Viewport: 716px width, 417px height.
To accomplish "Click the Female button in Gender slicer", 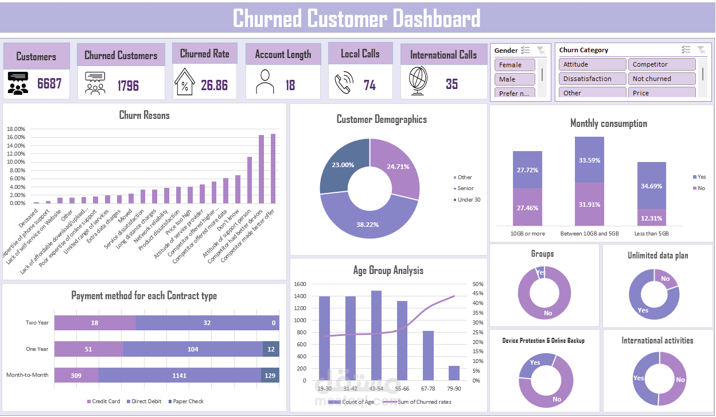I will click(515, 65).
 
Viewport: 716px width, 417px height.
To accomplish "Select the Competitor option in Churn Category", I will click(661, 64).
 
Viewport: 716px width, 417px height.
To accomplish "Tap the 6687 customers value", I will click(49, 84).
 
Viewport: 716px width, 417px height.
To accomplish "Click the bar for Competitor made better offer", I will click(273, 168).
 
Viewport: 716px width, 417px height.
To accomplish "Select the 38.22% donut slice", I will click(368, 221).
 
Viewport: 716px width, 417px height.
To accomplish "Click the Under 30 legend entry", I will click(468, 200).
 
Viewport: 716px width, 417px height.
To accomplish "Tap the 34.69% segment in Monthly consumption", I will click(651, 186).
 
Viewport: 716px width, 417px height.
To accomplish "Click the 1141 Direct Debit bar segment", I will click(193, 375).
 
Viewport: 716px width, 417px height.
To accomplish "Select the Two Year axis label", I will click(37, 323).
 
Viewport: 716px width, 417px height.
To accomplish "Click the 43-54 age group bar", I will click(376, 335).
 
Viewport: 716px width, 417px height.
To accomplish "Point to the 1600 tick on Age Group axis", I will click(301, 284).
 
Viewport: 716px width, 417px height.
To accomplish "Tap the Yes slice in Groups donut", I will click(540, 272).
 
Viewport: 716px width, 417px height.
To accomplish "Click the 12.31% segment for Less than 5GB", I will click(651, 217).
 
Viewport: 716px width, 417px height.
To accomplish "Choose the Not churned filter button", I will click(661, 79).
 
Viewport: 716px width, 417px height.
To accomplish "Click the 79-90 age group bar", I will click(454, 373).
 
